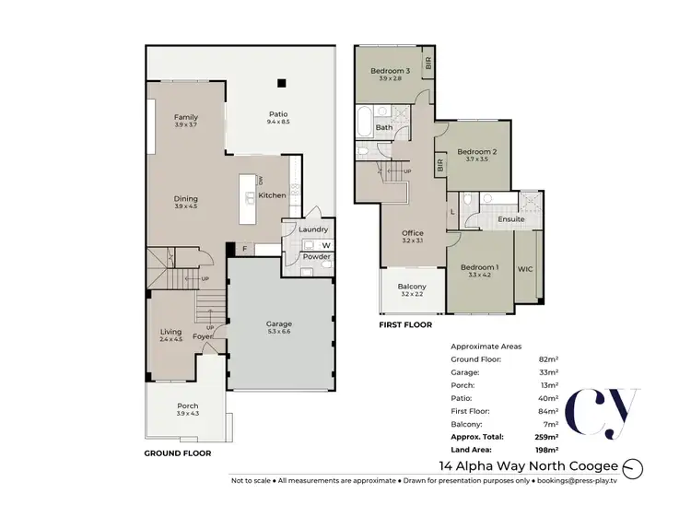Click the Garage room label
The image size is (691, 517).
(279, 324)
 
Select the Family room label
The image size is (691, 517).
(187, 118)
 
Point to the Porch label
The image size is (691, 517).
(187, 406)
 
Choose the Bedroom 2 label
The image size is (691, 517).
(476, 152)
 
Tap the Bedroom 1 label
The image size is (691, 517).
(477, 267)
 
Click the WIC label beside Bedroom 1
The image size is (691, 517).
(526, 268)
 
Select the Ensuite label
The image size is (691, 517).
(511, 219)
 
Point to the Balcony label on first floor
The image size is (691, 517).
(412, 288)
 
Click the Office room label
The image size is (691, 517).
(412, 234)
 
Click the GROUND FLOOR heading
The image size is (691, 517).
(178, 453)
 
